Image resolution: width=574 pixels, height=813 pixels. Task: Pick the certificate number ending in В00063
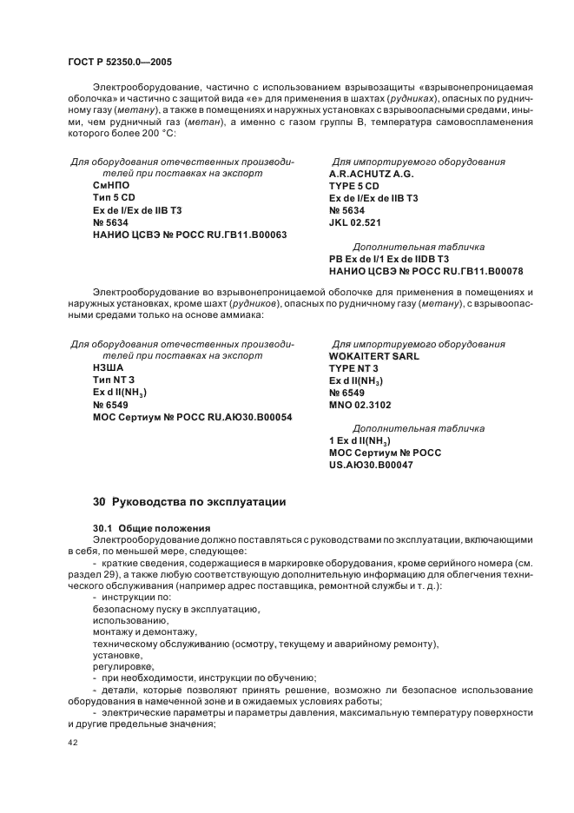click(190, 235)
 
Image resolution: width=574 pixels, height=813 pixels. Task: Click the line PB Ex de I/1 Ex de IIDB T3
click(389, 259)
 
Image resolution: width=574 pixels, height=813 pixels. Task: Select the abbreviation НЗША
click(109, 368)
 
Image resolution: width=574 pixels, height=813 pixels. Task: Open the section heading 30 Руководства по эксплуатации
click(188, 502)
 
